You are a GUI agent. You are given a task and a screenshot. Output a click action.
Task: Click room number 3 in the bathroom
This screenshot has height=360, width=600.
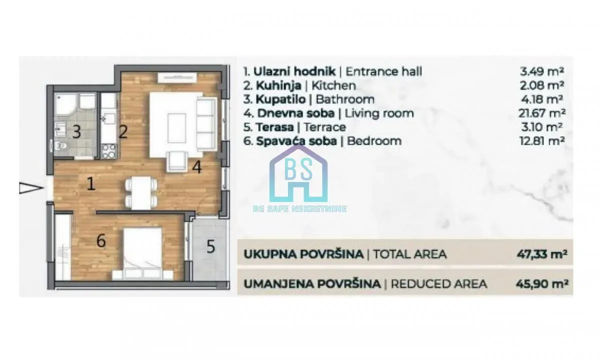click(x=76, y=132)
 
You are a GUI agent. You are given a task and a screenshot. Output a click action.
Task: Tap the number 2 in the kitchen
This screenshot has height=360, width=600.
click(x=123, y=132)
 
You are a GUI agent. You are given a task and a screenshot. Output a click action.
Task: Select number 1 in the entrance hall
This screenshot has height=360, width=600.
click(x=91, y=184)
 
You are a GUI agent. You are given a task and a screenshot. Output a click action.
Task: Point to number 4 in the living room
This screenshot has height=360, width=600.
click(x=197, y=167)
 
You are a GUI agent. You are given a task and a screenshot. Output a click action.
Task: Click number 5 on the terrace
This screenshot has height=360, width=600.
click(x=211, y=246)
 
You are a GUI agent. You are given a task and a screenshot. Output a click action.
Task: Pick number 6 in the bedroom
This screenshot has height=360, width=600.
click(x=101, y=241)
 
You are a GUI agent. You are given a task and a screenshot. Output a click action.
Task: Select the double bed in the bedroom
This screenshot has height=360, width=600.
click(x=142, y=253)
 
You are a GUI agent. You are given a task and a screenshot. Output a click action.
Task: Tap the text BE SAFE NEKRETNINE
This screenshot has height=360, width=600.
click(x=299, y=209)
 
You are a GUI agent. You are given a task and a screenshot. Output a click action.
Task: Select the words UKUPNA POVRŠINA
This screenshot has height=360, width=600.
click(x=303, y=254)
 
